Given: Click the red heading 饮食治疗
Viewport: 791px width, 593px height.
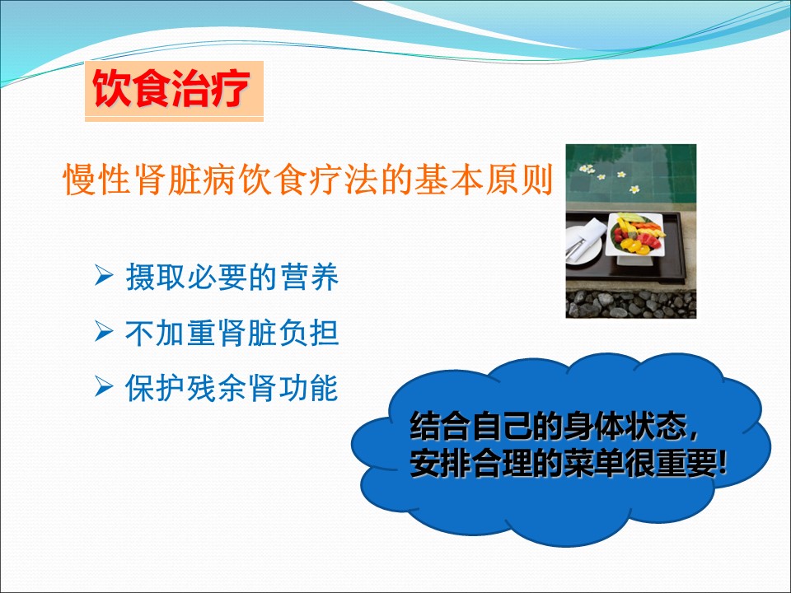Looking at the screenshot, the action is [171, 88].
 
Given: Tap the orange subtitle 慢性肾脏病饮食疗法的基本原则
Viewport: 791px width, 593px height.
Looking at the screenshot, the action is [308, 179].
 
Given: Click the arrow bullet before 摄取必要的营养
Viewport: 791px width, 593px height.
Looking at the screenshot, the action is [104, 276].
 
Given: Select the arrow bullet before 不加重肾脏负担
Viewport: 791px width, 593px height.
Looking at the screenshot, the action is [104, 332].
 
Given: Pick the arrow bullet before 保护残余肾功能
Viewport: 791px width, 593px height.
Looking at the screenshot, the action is [104, 387].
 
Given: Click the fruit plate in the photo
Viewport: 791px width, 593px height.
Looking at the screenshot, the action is [635, 235].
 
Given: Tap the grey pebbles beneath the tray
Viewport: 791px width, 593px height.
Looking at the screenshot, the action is [630, 304].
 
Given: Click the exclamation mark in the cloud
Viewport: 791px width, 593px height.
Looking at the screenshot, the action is [724, 462].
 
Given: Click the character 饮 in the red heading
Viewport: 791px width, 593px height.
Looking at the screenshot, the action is [112, 88].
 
